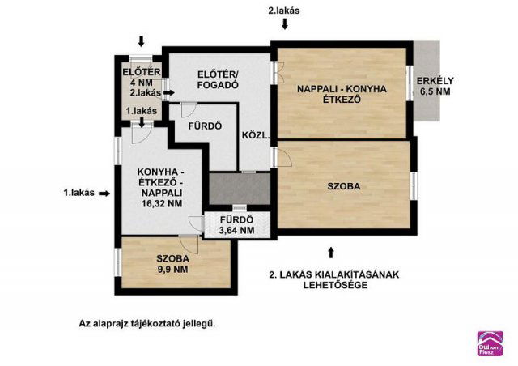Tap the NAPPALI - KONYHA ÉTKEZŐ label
tap(341, 94)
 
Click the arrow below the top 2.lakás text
tap(284, 24)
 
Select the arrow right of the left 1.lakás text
tap(109, 193)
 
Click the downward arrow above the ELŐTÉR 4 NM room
tap(142, 41)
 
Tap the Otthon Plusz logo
tap(490, 343)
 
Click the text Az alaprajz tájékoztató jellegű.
tap(147, 322)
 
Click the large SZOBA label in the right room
tap(344, 186)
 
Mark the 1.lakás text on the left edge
tap(79, 193)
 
